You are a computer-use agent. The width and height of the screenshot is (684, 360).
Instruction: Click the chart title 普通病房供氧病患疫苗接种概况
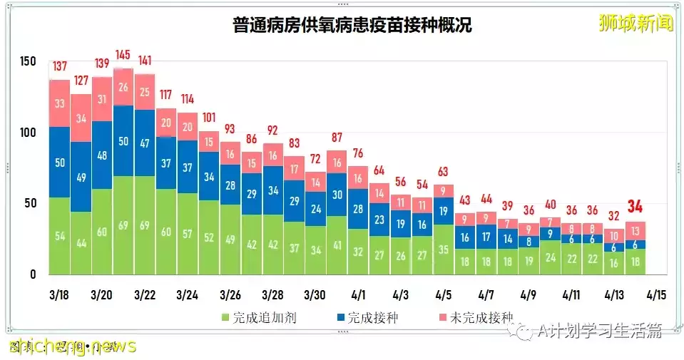(x=352, y=25)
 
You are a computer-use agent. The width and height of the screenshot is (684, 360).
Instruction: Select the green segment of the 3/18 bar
(x=59, y=236)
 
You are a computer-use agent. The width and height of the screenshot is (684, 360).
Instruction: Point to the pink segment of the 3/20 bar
(x=102, y=99)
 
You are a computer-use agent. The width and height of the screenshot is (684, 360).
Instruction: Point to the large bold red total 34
(x=635, y=207)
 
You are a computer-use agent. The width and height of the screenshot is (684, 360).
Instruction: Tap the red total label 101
(x=209, y=117)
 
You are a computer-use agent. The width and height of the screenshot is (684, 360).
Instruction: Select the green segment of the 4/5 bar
(x=444, y=250)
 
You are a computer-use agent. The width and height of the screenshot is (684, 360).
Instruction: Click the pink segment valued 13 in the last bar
(x=635, y=230)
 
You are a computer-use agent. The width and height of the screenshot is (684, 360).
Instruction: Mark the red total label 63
(x=444, y=171)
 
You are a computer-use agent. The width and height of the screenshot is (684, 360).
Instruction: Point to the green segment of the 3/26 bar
(x=230, y=240)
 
